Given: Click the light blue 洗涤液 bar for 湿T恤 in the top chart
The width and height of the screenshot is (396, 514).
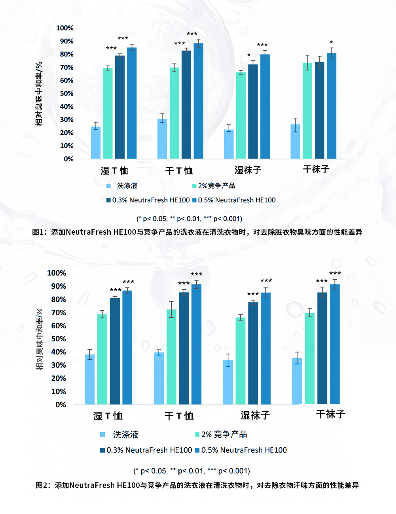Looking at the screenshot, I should pyautogui.click(x=96, y=143).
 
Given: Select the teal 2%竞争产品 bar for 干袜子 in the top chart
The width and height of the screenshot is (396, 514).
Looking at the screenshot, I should pyautogui.click(x=307, y=111).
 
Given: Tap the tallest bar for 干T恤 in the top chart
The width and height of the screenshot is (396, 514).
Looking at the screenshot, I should pyautogui.click(x=198, y=101).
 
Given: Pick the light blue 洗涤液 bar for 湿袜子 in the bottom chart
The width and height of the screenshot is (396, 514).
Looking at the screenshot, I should pyautogui.click(x=228, y=382).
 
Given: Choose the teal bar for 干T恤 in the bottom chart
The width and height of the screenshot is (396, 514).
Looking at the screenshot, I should pyautogui.click(x=171, y=357).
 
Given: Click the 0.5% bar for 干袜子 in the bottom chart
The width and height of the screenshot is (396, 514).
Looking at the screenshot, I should pyautogui.click(x=335, y=344).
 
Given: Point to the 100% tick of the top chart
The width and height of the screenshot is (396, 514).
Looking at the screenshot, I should pyautogui.click(x=65, y=28).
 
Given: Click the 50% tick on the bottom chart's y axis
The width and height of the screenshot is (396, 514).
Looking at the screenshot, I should pyautogui.click(x=59, y=339).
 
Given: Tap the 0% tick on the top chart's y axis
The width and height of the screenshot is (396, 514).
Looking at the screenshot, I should pyautogui.click(x=68, y=159).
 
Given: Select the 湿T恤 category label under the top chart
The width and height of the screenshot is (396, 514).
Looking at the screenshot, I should pyautogui.click(x=114, y=171).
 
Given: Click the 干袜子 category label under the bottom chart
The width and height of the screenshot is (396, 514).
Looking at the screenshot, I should pyautogui.click(x=331, y=414).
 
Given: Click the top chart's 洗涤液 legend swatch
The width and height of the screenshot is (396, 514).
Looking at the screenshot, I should pyautogui.click(x=108, y=186).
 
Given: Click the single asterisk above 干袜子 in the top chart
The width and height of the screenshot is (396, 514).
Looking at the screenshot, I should pyautogui.click(x=331, y=43).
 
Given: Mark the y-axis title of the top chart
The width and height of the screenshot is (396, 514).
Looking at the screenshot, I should pyautogui.click(x=39, y=94).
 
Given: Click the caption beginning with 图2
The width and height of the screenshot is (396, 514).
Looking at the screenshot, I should pyautogui.click(x=197, y=485).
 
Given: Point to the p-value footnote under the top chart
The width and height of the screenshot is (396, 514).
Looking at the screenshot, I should pyautogui.click(x=189, y=219).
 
